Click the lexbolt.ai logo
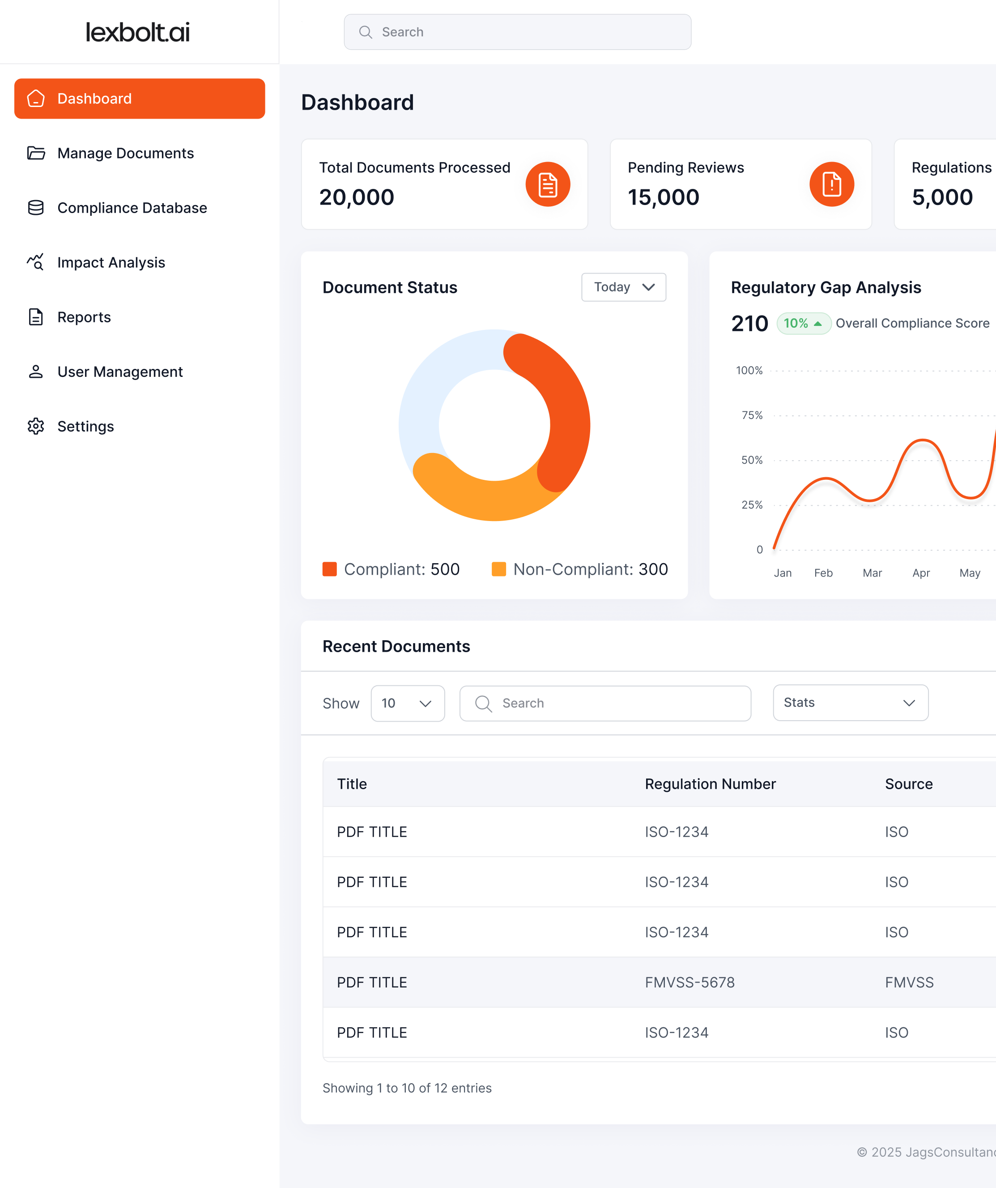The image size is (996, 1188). point(137,32)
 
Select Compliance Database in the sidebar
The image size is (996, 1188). point(132,208)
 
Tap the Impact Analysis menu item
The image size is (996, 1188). point(111,262)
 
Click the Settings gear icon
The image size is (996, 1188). point(36,427)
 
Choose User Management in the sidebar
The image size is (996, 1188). point(120,372)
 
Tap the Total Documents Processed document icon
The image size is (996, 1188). point(548,184)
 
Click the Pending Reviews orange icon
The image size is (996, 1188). point(831,184)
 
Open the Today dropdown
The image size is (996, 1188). point(623,287)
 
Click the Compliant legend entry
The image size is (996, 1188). point(391,569)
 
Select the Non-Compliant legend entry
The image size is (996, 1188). point(580,569)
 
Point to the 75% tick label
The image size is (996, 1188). point(752,415)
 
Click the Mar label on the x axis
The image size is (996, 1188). point(872,573)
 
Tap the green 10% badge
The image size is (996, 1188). point(803,324)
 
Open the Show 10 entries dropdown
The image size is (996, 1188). point(407,703)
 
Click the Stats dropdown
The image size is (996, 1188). point(850,703)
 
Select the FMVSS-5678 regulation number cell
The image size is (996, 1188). point(690,983)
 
